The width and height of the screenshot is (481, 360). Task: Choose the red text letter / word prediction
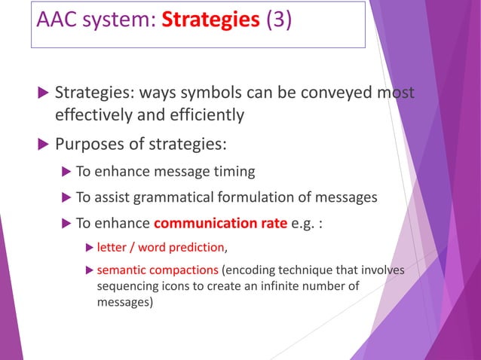pos(161,247)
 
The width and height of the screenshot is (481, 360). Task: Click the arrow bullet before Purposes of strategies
pos(41,143)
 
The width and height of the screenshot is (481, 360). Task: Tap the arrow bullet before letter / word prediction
pos(90,247)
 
